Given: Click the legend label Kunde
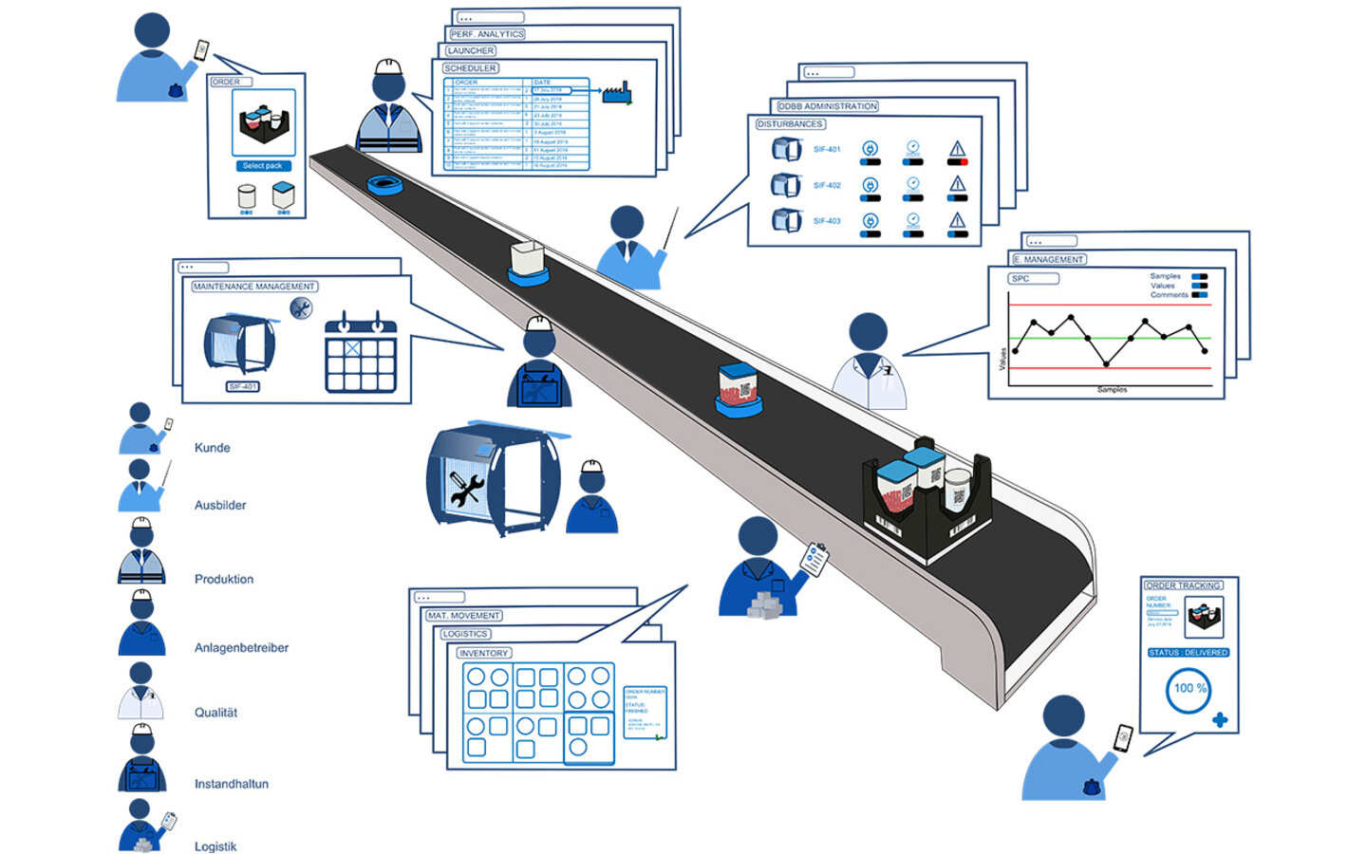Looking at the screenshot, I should [212, 448].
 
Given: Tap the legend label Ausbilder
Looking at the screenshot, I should [220, 506].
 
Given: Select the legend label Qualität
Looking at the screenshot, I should [215, 713].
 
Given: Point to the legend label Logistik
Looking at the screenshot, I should [215, 846].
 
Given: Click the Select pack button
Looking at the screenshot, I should [263, 166].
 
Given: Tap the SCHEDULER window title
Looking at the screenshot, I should [471, 68].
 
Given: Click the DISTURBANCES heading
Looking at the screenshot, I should [790, 124].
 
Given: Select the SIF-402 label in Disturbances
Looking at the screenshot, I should [827, 185].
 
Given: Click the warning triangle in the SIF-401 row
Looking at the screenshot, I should [957, 149].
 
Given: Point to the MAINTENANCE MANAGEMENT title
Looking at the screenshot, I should [254, 287].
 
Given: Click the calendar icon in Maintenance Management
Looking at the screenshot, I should [361, 353].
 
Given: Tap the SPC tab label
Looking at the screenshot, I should [1021, 279].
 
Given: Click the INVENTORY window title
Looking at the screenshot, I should [484, 653].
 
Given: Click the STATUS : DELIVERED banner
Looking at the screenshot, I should [1189, 653].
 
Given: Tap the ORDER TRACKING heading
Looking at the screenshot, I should [1183, 585].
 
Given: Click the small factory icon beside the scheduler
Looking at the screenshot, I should [617, 93].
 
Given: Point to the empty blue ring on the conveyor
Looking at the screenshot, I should [386, 183].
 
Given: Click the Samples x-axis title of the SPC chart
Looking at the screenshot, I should [1112, 390].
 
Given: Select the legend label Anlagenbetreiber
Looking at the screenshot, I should [241, 648].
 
